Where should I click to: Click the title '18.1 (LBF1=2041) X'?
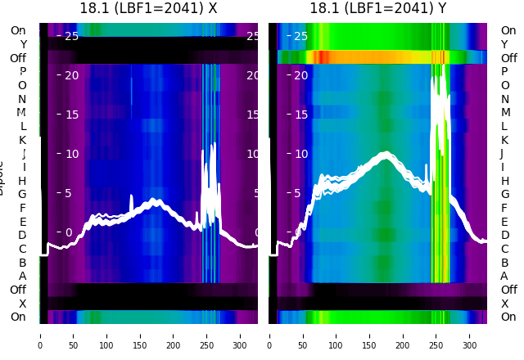coord(148,8)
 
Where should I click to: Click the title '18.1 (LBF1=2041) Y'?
coord(377,8)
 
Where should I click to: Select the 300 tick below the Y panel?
coord(470,345)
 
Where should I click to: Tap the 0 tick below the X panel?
coord(39,345)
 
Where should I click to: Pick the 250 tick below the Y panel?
coord(436,345)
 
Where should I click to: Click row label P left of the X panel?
coord(22,72)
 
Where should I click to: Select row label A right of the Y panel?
coord(504,277)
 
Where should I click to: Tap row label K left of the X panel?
coord(22,140)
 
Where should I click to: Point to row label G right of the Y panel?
coord(504,195)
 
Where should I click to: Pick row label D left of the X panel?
coord(22,236)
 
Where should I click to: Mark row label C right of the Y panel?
coord(504,249)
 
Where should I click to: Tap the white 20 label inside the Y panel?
coord(300,75)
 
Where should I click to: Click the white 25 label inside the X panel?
coord(71,36)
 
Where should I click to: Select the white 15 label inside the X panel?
coord(71,115)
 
